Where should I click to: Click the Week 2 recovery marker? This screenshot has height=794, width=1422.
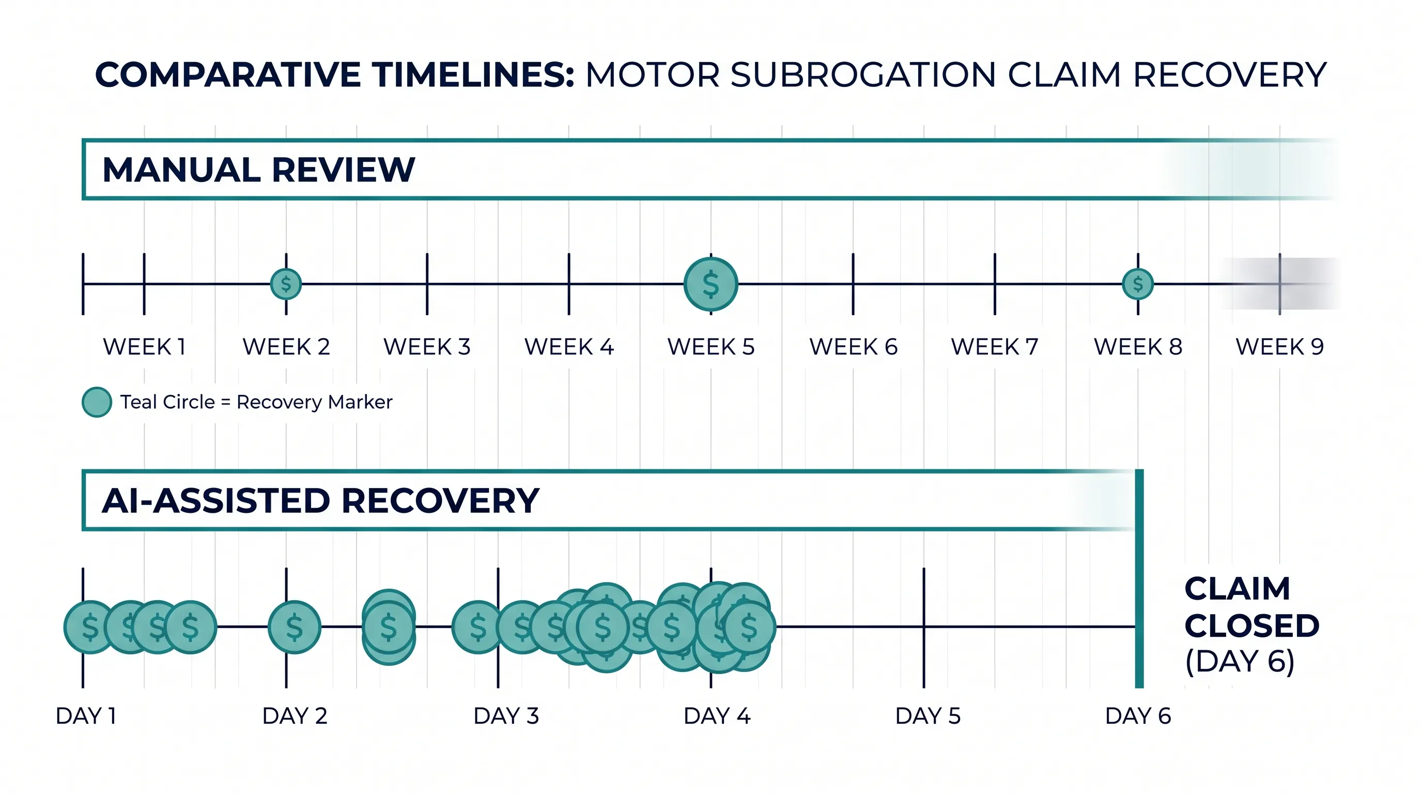tap(286, 284)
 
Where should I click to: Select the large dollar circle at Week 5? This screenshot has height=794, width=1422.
tap(711, 284)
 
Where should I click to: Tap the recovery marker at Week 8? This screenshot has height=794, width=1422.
tap(1138, 284)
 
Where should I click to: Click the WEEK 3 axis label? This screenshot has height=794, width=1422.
tap(427, 347)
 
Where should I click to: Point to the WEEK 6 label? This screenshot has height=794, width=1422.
tap(854, 347)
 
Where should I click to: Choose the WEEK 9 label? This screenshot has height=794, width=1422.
tap(1279, 347)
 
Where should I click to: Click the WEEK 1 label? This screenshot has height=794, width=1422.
tap(144, 347)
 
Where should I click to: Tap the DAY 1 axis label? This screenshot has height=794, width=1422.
tap(86, 715)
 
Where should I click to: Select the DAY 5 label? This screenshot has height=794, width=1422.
tap(928, 715)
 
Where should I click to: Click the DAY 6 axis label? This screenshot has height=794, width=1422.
tap(1138, 715)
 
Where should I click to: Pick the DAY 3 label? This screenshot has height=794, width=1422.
tap(506, 715)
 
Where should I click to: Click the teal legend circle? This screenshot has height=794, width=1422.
tap(97, 402)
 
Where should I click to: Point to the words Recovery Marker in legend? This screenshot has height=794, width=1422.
tap(314, 402)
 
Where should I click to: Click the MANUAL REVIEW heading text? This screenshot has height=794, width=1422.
tap(258, 170)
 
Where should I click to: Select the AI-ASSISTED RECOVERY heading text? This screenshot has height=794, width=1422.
tap(321, 501)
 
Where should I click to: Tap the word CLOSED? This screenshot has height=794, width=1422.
tap(1252, 625)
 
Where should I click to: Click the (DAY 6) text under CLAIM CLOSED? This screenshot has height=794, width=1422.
tap(1240, 661)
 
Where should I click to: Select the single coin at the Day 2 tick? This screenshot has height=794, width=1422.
tap(294, 627)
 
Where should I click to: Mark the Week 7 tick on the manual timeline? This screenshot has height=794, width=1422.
tap(995, 284)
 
